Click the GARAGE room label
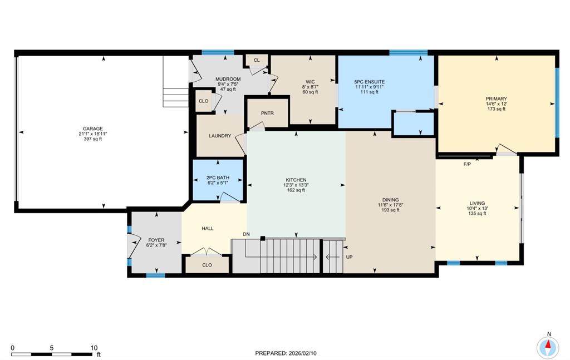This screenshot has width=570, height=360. pyautogui.click(x=93, y=129)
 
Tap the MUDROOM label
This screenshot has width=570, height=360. pyautogui.click(x=228, y=79)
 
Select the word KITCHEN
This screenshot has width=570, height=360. pyautogui.click(x=296, y=180)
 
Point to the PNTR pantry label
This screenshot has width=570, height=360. pyautogui.click(x=267, y=114)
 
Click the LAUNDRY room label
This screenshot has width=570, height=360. pyautogui.click(x=220, y=136)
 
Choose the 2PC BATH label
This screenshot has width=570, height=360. pyautogui.click(x=218, y=177)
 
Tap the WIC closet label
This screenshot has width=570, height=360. pyautogui.click(x=310, y=82)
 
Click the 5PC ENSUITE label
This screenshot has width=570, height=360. pyautogui.click(x=370, y=82)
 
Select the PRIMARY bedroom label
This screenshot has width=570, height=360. pyautogui.click(x=496, y=99)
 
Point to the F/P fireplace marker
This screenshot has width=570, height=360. pyautogui.click(x=467, y=164)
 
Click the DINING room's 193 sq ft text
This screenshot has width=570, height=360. pyautogui.click(x=390, y=210)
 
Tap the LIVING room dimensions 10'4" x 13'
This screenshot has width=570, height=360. pyautogui.click(x=477, y=209)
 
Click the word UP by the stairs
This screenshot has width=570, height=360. pyautogui.click(x=349, y=257)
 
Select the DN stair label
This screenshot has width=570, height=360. pyautogui.click(x=246, y=234)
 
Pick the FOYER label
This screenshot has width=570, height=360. pyautogui.click(x=156, y=240)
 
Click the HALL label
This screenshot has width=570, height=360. pyautogui.click(x=208, y=229)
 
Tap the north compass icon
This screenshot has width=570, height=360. pyautogui.click(x=548, y=346)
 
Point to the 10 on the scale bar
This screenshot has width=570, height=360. pyautogui.click(x=94, y=348)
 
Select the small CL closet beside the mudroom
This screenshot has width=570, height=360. pyautogui.click(x=257, y=60)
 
